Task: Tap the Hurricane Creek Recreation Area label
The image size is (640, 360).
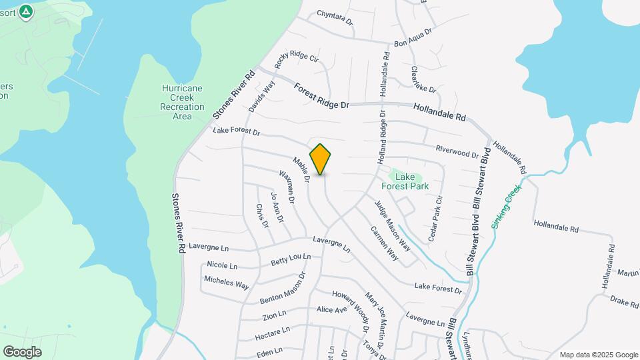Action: click(182, 102)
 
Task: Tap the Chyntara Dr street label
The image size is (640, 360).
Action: click(335, 16)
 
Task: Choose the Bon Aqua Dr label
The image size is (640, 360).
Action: click(413, 37)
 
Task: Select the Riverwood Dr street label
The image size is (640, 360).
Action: click(457, 151)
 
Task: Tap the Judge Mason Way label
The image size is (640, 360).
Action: click(392, 225)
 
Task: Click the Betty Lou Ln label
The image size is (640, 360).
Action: click(291, 259)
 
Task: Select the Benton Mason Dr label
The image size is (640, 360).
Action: click(283, 289)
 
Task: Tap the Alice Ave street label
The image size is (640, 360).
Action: click(331, 310)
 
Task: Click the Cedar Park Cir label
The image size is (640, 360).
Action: click(435, 218)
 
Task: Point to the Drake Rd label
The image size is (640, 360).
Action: click(625, 302)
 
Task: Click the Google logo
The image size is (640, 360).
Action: click(22, 351)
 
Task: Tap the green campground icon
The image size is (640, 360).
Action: click(26, 11)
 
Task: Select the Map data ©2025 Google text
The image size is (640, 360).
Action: click(599, 355)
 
